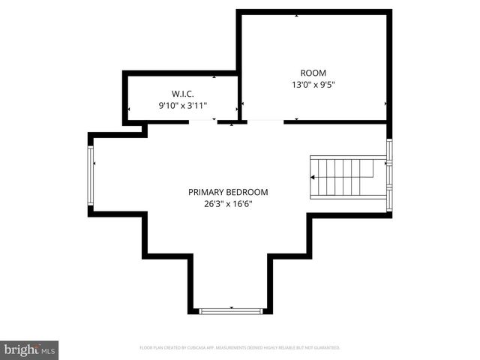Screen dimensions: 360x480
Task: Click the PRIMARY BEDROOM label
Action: [228, 192]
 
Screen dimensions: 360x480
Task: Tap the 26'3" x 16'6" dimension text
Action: [228, 204]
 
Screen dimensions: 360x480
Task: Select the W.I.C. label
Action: [183, 94]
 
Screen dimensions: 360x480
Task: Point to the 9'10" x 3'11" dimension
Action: [183, 106]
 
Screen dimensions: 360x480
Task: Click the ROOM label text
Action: [313, 73]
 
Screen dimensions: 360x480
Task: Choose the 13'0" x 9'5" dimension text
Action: [313, 85]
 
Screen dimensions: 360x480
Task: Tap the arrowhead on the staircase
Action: [313, 178]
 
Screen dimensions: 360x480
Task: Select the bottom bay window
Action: [231, 310]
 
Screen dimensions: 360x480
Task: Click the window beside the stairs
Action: [388, 174]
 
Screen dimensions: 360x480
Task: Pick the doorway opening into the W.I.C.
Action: [202, 121]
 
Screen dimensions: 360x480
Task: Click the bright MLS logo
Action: [30, 349]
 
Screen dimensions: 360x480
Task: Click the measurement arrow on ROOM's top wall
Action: [297, 15]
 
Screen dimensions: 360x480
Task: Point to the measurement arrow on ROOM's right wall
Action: [386, 103]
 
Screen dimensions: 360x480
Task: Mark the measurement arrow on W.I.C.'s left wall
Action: [128, 109]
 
